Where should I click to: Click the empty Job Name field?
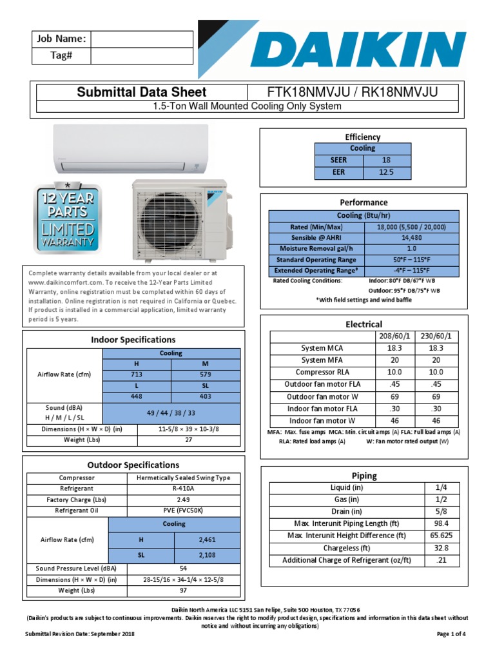pyautogui.click(x=141, y=39)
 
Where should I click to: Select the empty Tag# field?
pyautogui.click(x=141, y=56)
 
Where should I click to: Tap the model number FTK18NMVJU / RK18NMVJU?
pyautogui.click(x=353, y=92)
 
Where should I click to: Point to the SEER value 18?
pyautogui.click(x=386, y=160)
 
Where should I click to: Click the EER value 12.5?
pyautogui.click(x=386, y=172)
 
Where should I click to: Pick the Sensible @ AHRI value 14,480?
pyautogui.click(x=411, y=238)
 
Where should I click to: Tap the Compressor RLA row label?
pyautogui.click(x=322, y=372)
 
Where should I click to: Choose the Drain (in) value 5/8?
pyautogui.click(x=442, y=512)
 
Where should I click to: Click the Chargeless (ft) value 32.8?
pyautogui.click(x=442, y=548)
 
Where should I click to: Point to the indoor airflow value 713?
pyautogui.click(x=137, y=374)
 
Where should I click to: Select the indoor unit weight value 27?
pyautogui.click(x=189, y=440)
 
